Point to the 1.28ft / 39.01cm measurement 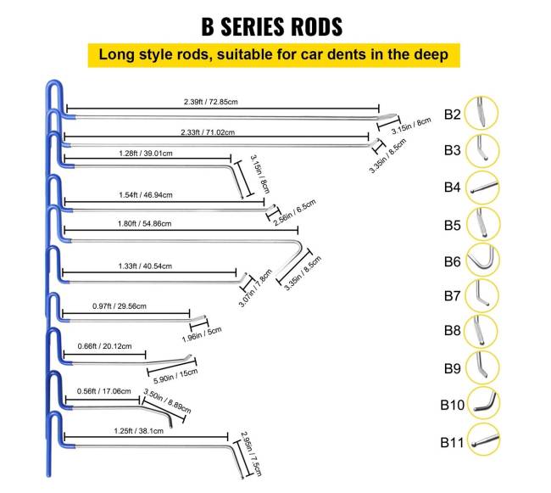click(x=146, y=154)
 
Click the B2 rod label click(x=453, y=114)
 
